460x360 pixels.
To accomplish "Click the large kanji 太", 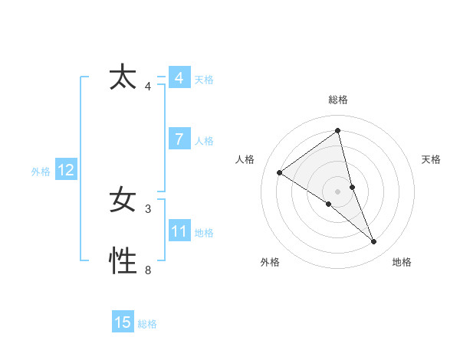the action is click(x=123, y=78).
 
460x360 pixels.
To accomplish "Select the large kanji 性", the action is click(x=123, y=262).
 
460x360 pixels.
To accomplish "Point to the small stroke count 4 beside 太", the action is click(x=148, y=86).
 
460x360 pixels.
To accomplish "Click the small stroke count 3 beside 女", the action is click(x=148, y=208).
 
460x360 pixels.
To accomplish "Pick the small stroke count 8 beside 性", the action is click(x=148, y=270).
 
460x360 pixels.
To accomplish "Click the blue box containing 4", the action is click(x=179, y=78).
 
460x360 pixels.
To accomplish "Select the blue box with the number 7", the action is click(x=179, y=139).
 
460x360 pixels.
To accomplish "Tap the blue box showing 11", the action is click(x=179, y=231).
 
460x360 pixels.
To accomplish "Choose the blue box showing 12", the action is click(x=66, y=170).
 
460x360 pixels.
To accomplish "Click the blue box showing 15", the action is click(x=123, y=322).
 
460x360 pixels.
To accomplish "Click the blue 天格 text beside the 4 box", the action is click(x=204, y=80).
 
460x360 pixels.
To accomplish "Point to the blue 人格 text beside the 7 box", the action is click(x=204, y=141).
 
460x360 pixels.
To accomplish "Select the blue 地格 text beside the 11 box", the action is click(x=204, y=233).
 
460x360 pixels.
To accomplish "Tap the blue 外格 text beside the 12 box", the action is click(x=41, y=172).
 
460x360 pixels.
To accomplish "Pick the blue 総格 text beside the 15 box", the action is click(x=147, y=324).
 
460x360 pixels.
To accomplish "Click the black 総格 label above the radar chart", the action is click(x=337, y=100).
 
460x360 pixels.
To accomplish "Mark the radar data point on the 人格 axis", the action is click(x=280, y=172).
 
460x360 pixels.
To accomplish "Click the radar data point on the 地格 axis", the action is click(x=374, y=242).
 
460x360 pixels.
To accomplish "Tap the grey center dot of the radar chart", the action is click(x=337, y=191).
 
